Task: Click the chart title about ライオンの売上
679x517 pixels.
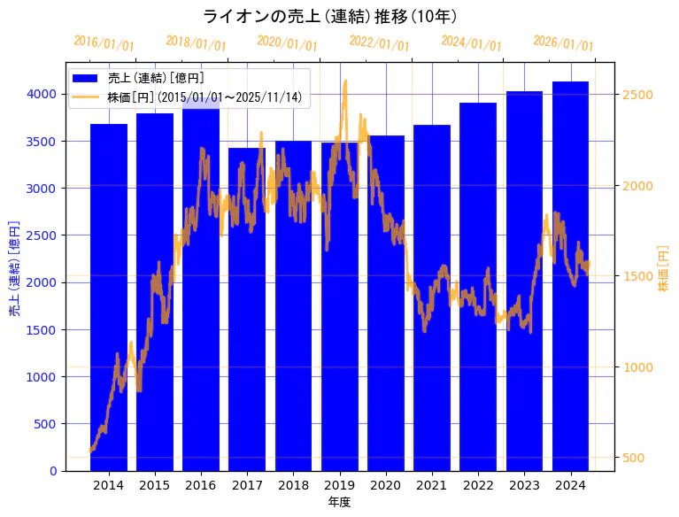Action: point(329,17)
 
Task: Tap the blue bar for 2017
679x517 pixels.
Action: point(247,309)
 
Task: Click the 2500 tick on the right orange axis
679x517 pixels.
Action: point(637,95)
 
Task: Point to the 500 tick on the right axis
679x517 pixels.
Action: point(634,458)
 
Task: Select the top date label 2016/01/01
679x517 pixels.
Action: point(104,43)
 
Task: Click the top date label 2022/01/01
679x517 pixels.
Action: point(379,43)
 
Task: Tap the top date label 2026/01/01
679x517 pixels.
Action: point(563,43)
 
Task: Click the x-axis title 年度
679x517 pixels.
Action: point(339,502)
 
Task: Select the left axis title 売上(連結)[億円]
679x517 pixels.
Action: point(14,268)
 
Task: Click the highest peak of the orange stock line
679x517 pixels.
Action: point(344,81)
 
